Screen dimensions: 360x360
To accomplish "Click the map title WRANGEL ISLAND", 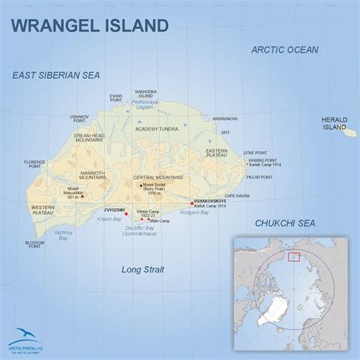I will (x=89, y=25).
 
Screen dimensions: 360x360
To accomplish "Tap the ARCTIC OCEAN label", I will (x=285, y=50).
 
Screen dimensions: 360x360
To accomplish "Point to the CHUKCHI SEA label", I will (x=284, y=223).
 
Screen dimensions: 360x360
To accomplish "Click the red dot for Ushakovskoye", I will (x=191, y=203).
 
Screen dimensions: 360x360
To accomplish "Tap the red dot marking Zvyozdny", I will (x=126, y=213).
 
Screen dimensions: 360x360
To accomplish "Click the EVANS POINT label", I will (x=115, y=98).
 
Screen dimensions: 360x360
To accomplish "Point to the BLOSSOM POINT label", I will (x=34, y=245).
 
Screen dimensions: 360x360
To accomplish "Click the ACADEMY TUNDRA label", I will (x=157, y=129).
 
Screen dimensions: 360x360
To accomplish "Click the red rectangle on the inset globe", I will (x=292, y=256).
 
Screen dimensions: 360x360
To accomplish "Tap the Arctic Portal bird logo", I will (x=28, y=334).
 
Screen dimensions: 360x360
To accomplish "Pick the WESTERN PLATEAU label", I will (x=43, y=210).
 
